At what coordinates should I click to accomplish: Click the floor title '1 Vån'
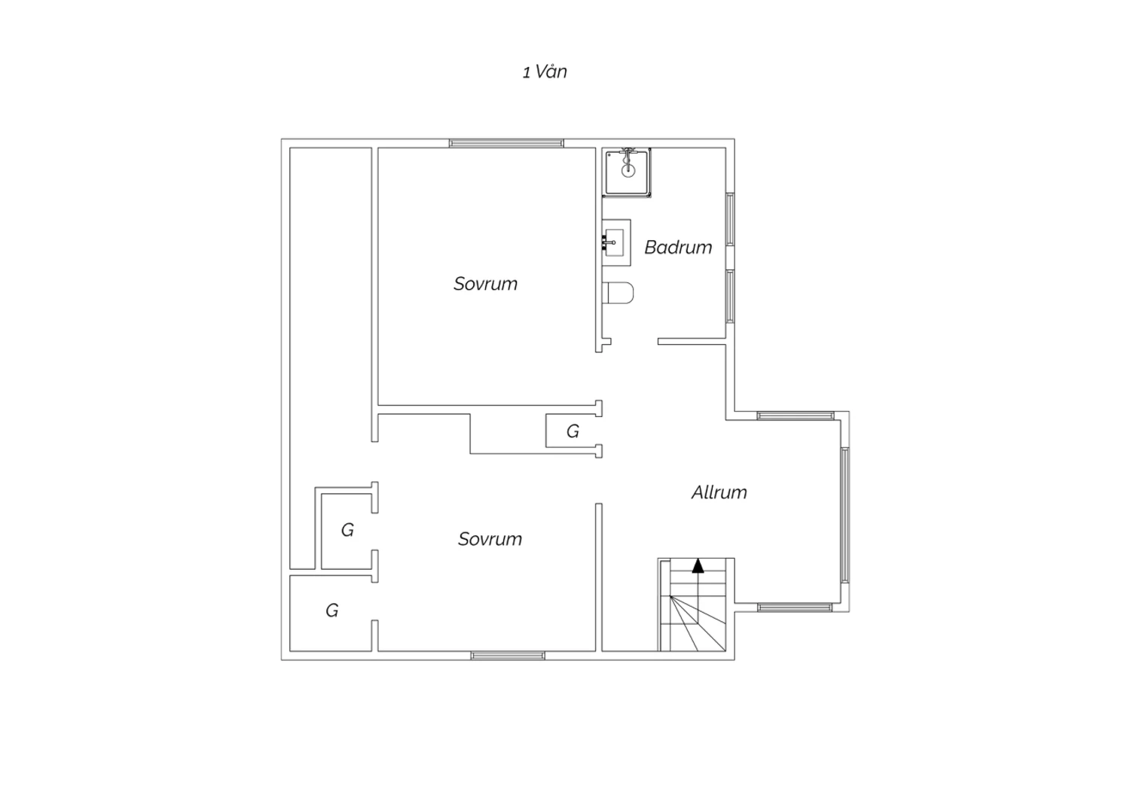[x=545, y=72]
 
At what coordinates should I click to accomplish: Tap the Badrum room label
[x=678, y=247]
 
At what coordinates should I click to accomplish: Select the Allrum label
[x=719, y=492]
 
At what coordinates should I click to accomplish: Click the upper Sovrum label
[x=485, y=284]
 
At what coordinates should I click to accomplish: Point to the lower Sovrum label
[x=490, y=539]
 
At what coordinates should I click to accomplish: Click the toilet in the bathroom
[x=618, y=293]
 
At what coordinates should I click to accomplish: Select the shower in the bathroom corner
[x=627, y=172]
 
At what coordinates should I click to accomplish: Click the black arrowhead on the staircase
[x=698, y=565]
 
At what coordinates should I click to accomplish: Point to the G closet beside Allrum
[x=573, y=431]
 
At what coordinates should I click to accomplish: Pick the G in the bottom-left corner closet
[x=331, y=611]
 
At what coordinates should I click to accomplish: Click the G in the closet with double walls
[x=347, y=530]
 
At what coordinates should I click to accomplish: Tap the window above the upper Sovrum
[x=506, y=143]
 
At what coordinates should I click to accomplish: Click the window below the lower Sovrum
[x=508, y=655]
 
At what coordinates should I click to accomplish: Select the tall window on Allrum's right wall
[x=845, y=515]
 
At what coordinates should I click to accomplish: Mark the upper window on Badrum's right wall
[x=730, y=219]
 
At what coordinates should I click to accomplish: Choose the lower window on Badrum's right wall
[x=730, y=297]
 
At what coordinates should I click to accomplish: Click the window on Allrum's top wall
[x=796, y=416]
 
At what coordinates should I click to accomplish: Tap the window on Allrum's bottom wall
[x=795, y=608]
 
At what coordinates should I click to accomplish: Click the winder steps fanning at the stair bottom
[x=698, y=623]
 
